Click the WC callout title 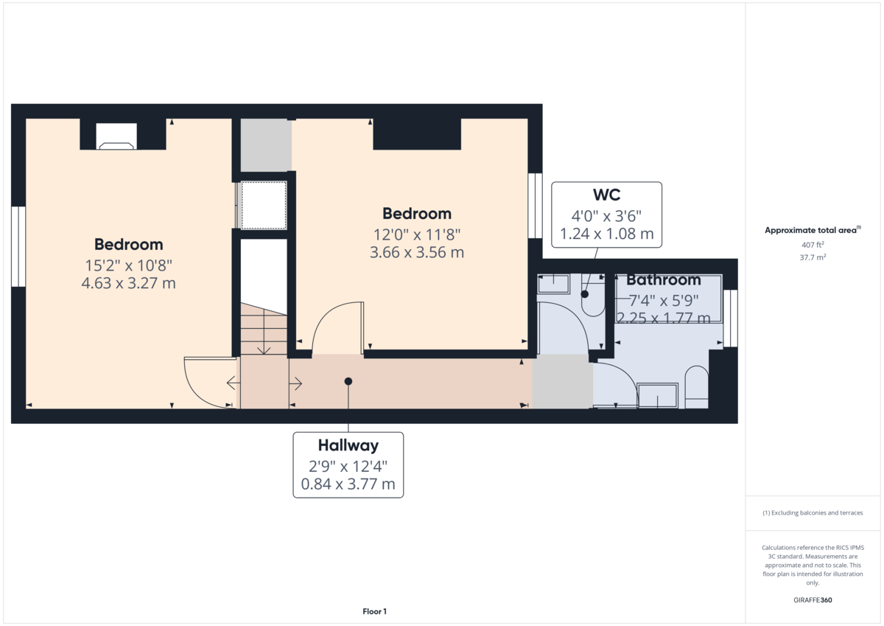606,195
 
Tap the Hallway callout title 348,445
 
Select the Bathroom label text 664,279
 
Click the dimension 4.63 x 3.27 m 129,283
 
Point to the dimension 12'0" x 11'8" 417,234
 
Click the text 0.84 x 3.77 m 348,484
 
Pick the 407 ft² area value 813,245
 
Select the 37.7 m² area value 813,257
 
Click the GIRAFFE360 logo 813,600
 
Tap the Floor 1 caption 374,611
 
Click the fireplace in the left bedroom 116,136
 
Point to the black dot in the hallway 348,381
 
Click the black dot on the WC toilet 584,294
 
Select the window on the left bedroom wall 18,246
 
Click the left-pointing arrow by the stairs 234,383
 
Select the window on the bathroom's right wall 731,319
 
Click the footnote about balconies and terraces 813,512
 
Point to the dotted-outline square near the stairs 264,205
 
